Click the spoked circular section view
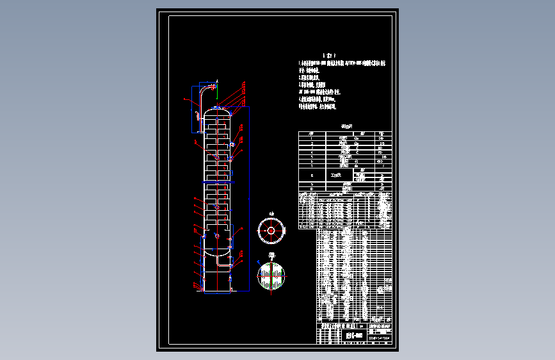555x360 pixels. [x=271, y=231]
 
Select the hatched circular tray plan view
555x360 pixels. [x=271, y=276]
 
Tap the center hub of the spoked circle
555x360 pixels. [x=271, y=231]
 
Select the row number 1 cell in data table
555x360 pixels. [x=311, y=138]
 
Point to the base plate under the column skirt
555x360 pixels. [x=216, y=292]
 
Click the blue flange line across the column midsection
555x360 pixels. [x=216, y=183]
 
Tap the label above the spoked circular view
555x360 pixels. [x=271, y=213]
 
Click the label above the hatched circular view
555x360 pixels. [x=271, y=257]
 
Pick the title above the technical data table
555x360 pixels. [x=346, y=127]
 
